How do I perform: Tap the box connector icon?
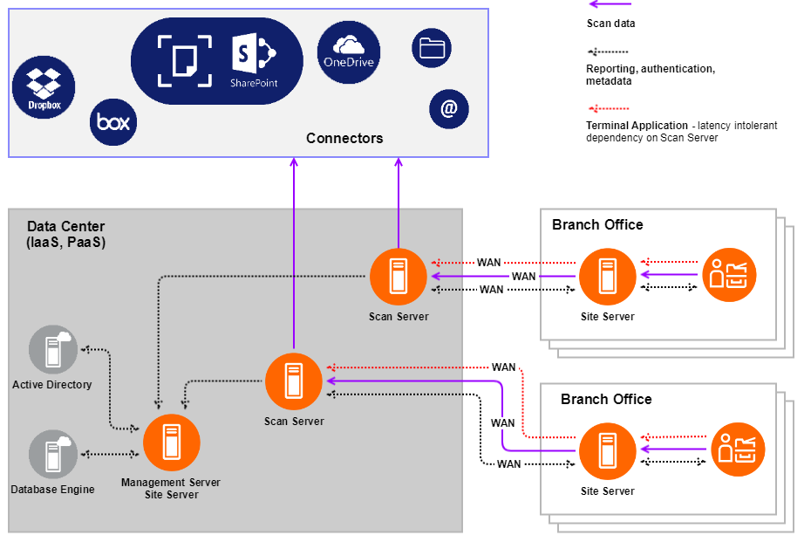pos(113,121)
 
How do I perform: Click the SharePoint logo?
pos(253,59)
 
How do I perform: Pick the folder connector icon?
pos(432,47)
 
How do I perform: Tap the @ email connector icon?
pos(449,109)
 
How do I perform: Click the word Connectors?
pos(344,138)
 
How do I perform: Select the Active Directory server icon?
pos(52,349)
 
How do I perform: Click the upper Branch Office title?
pos(597,224)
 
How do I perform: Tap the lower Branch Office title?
pos(606,399)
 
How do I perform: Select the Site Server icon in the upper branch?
pos(608,277)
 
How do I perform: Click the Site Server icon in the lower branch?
pos(608,451)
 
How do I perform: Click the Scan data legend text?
pos(610,24)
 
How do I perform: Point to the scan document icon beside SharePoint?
pos(185,60)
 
